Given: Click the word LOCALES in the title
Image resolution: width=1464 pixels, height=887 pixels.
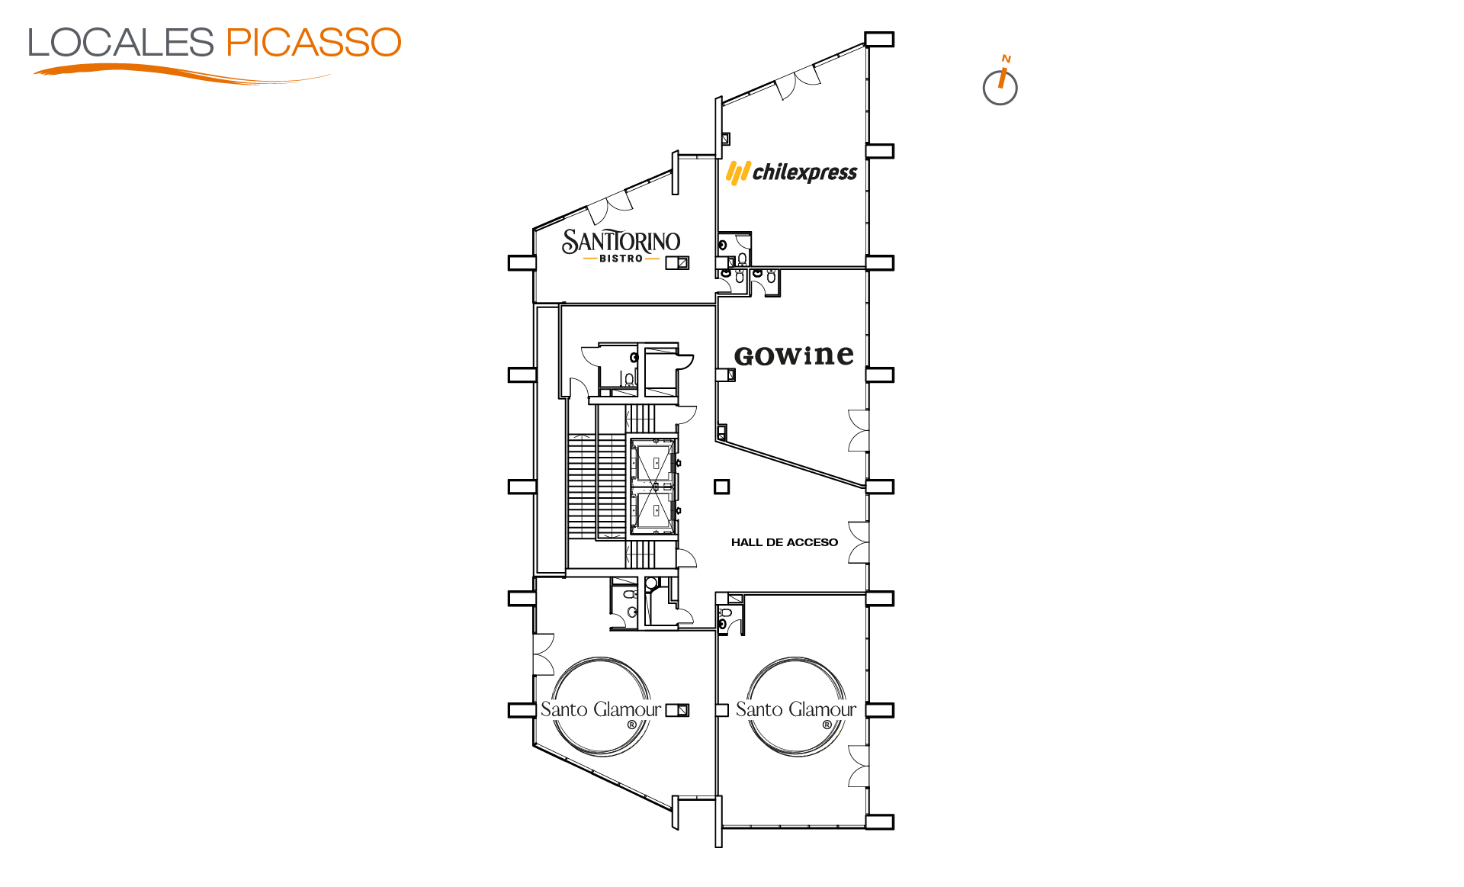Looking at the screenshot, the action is pyautogui.click(x=120, y=43).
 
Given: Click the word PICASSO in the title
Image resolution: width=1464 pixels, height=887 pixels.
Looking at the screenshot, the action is pyautogui.click(x=313, y=43).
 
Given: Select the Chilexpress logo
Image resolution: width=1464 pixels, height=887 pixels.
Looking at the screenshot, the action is pyautogui.click(x=791, y=172).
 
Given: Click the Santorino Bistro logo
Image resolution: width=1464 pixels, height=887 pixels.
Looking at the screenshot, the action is pyautogui.click(x=621, y=246).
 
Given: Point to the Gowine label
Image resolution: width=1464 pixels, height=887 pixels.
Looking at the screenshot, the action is pyautogui.click(x=794, y=355).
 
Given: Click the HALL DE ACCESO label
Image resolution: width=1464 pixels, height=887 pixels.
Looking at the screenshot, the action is pyautogui.click(x=785, y=542).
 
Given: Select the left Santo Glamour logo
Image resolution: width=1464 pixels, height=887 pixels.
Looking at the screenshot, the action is pyautogui.click(x=601, y=707).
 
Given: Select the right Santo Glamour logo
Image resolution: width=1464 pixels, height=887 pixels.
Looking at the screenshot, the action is pyautogui.click(x=796, y=707).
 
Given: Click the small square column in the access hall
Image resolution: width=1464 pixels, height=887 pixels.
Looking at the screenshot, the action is pyautogui.click(x=721, y=487).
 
